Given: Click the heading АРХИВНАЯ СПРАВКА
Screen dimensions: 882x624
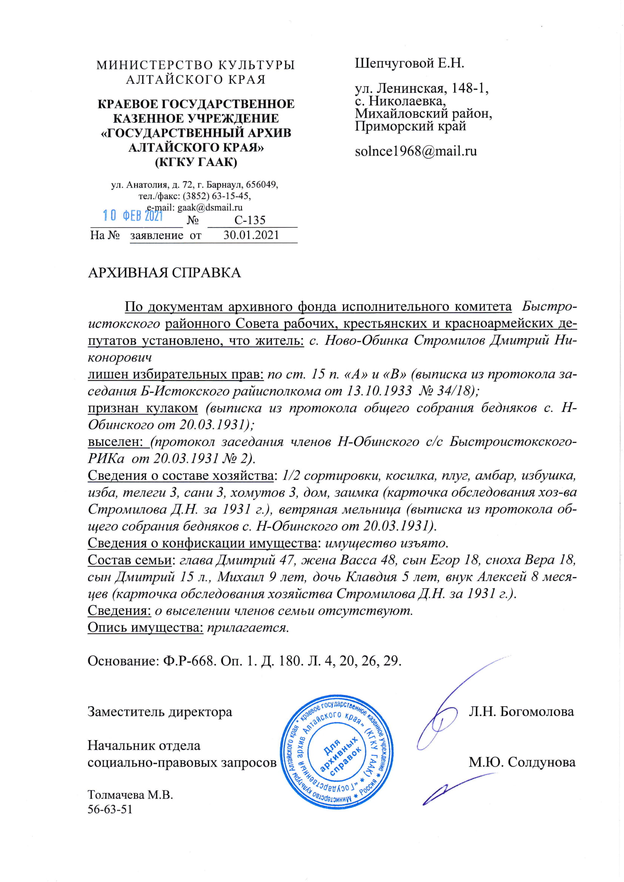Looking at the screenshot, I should tap(164, 272).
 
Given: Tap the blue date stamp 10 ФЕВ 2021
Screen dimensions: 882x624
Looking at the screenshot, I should tap(133, 215).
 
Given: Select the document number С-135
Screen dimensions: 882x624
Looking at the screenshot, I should tap(250, 220).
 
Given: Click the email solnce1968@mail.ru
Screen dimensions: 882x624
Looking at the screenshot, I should tap(416, 151).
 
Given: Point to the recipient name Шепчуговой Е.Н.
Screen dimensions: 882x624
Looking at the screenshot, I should tap(409, 63).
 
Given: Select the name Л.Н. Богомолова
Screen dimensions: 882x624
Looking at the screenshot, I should tap(521, 711).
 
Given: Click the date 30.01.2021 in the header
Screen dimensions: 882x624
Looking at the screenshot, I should tap(251, 235).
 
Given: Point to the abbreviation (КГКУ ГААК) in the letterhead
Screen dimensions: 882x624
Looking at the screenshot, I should tap(196, 162).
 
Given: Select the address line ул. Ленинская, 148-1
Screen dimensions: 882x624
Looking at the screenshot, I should tap(421, 88).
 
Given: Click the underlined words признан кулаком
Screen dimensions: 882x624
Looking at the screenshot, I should tap(143, 408).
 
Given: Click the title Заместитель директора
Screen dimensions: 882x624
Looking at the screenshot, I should tap(160, 712).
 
